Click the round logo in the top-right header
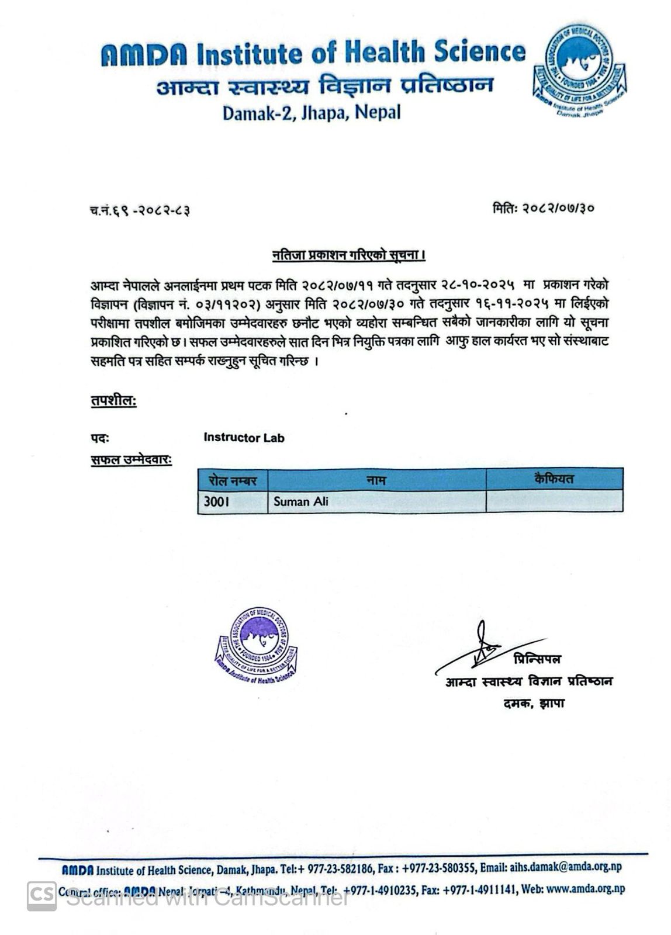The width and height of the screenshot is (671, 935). coord(579,70)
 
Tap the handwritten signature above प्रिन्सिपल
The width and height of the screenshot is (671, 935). coord(483,646)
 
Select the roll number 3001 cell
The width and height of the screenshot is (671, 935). coord(233,501)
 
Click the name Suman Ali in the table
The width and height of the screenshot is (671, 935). coord(300,501)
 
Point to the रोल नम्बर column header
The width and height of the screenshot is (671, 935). coord(233,480)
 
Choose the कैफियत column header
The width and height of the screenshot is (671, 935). coord(554,479)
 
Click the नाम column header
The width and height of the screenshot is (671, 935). coord(376,480)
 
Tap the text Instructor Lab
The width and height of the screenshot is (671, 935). coord(244,438)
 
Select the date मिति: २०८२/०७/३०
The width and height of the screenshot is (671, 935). coord(544,207)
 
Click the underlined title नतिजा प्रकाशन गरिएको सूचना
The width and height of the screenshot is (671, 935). coord(348,255)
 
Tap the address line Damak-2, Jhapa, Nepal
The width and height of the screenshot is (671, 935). coord(312,112)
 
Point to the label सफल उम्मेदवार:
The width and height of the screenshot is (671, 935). coord(131,460)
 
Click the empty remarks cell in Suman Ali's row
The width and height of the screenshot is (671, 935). coord(554,501)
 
